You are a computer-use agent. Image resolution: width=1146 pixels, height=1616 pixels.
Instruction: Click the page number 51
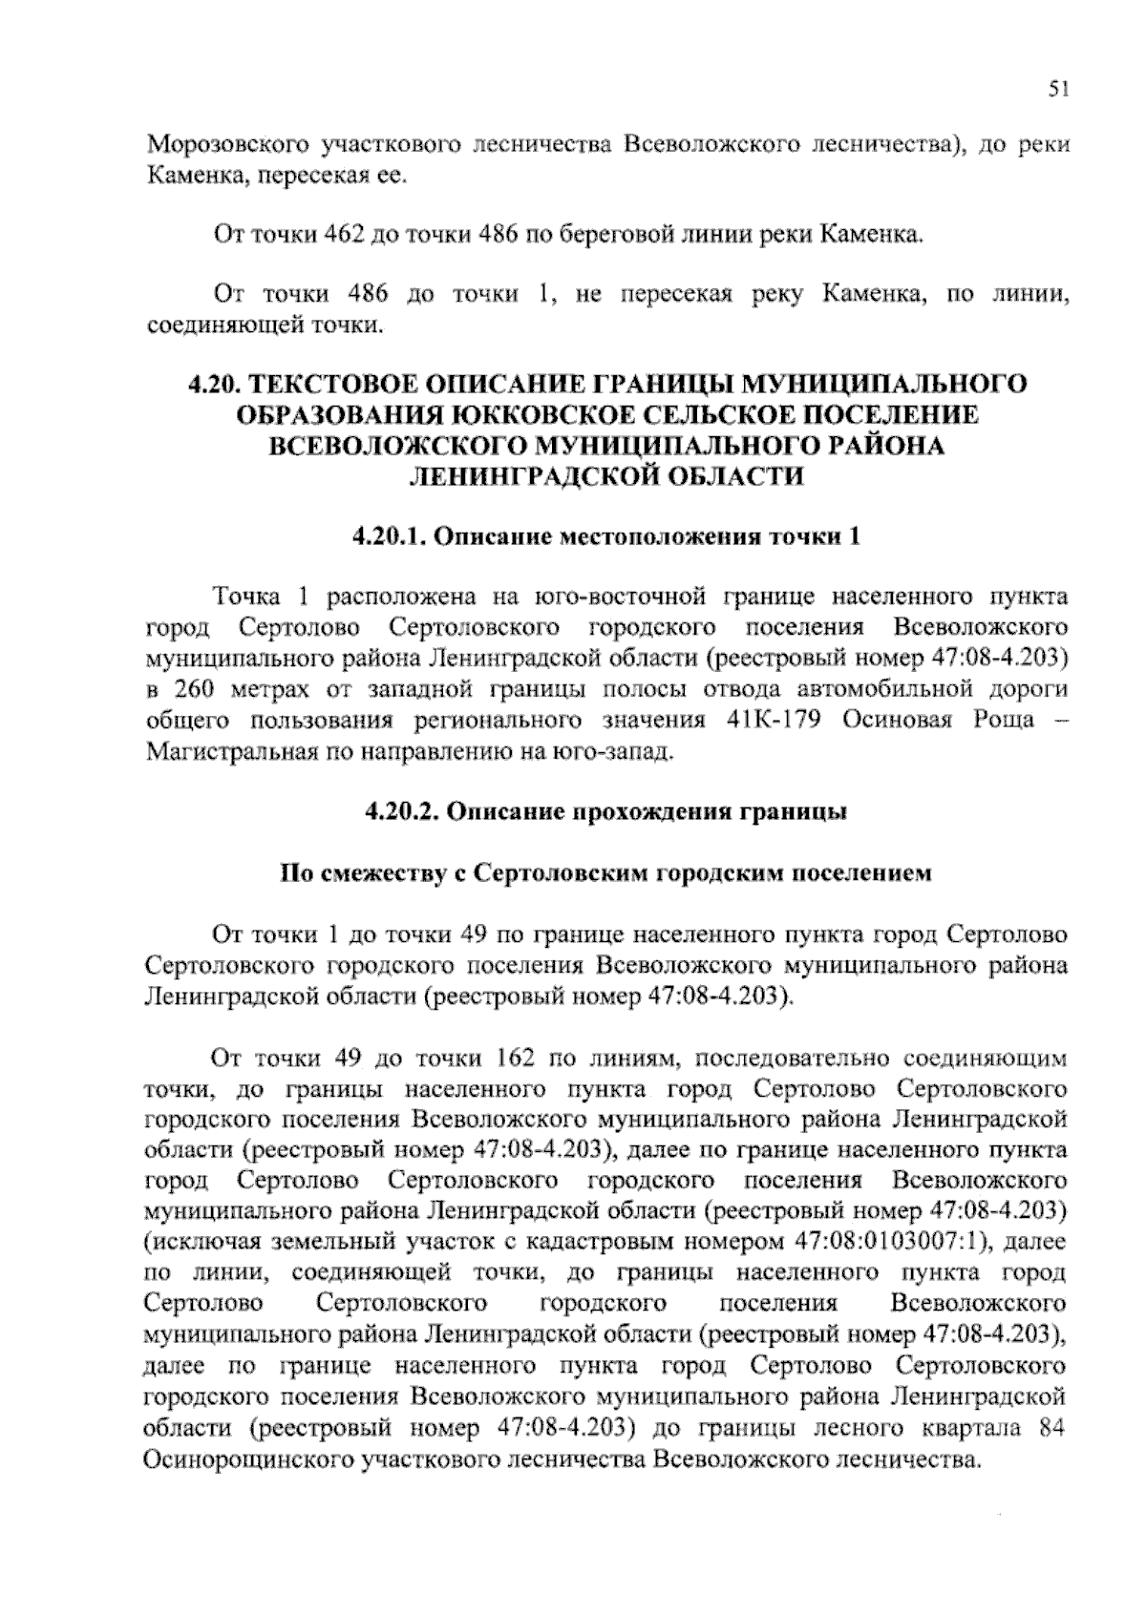1057,90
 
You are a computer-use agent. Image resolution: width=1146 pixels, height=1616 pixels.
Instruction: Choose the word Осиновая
886,720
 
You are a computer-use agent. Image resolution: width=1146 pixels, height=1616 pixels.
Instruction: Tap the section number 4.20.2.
401,812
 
